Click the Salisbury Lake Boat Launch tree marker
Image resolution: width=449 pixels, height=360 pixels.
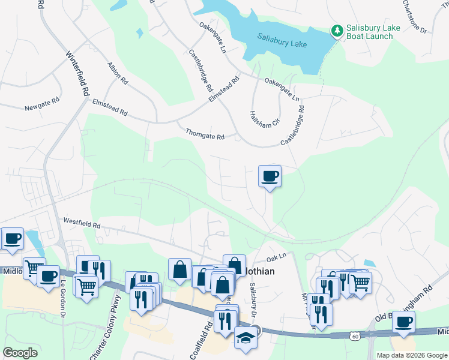[x=337, y=30]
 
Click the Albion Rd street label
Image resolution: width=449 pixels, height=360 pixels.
[x=118, y=71]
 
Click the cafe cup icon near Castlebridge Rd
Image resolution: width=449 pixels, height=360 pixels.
[x=270, y=176]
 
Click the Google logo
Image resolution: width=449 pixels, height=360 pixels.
[x=20, y=353]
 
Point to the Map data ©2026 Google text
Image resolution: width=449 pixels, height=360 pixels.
[x=412, y=355]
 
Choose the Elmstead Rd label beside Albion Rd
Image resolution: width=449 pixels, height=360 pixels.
[x=110, y=107]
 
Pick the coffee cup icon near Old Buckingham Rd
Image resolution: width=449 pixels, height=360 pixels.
[x=404, y=322]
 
